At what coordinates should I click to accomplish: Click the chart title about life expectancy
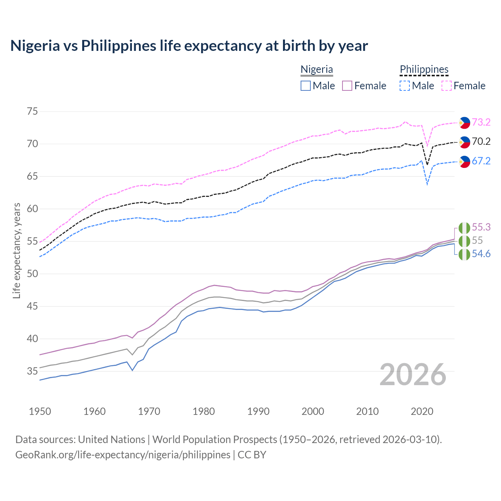[x=189, y=46]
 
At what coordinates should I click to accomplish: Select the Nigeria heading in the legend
[x=317, y=69]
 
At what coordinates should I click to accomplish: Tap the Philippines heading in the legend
[x=424, y=69]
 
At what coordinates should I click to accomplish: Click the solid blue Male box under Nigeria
[x=306, y=86]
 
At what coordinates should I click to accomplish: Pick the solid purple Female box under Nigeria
[x=347, y=86]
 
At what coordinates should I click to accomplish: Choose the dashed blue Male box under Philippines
[x=405, y=86]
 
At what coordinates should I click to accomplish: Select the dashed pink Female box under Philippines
[x=447, y=86]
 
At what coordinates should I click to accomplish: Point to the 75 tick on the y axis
[x=32, y=112]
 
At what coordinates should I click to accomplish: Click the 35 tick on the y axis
[x=32, y=371]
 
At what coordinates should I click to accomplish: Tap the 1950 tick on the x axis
[x=40, y=411]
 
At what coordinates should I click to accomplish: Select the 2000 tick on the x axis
[x=313, y=411]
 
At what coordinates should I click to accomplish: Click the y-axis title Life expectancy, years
[x=16, y=250]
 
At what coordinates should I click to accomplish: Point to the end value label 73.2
[x=481, y=122]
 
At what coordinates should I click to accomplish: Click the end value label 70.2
[x=481, y=141]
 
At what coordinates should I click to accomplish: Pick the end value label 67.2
[x=481, y=161]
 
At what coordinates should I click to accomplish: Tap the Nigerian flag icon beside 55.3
[x=464, y=227]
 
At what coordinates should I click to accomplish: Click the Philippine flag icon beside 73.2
[x=464, y=123]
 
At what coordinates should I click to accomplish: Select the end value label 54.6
[x=481, y=254]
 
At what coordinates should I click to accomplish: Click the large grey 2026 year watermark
[x=413, y=375]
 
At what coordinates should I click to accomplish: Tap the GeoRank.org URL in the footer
[x=123, y=455]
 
